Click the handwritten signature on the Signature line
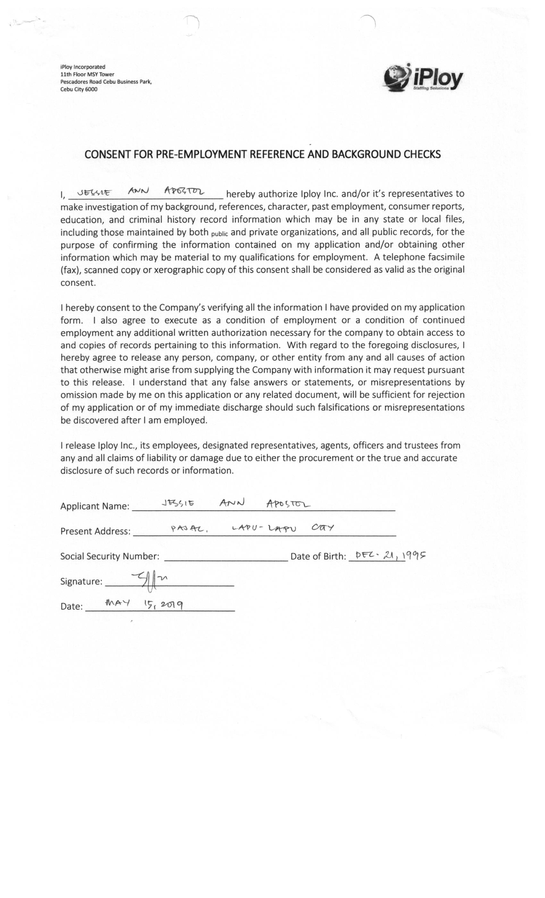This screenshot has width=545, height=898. pos(150,580)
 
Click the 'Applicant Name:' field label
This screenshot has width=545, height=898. pos(95,506)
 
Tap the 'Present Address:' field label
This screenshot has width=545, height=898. pos(95,531)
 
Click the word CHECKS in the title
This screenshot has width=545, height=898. pos(422,154)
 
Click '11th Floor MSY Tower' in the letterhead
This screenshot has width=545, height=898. pos(87,74)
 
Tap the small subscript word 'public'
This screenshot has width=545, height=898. pos(219,234)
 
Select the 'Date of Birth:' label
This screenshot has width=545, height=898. pos(318,556)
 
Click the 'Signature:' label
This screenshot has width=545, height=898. pos(81,581)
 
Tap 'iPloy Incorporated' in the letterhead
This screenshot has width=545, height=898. pos(83,67)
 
